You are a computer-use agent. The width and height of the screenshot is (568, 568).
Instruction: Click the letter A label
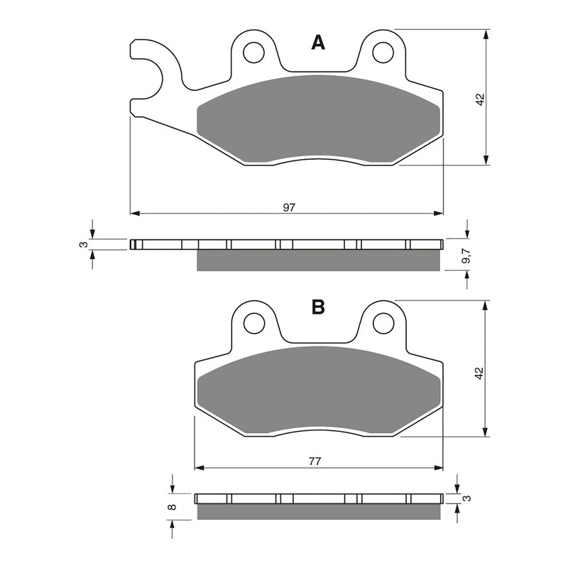tap(319, 44)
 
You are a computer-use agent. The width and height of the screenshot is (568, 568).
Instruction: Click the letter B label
tap(319, 307)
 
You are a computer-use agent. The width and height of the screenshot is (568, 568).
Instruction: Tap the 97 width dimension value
tap(289, 207)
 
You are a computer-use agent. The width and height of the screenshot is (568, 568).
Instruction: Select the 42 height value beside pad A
tap(480, 100)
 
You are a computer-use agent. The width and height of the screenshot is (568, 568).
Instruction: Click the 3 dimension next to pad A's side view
tap(84, 245)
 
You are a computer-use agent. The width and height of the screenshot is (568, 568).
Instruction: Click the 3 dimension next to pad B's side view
tap(466, 498)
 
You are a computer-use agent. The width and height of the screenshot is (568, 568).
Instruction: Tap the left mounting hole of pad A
tap(252, 51)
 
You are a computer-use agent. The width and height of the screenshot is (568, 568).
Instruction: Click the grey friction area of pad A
tap(319, 121)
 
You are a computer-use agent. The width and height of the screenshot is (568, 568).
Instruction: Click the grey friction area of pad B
tap(319, 390)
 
